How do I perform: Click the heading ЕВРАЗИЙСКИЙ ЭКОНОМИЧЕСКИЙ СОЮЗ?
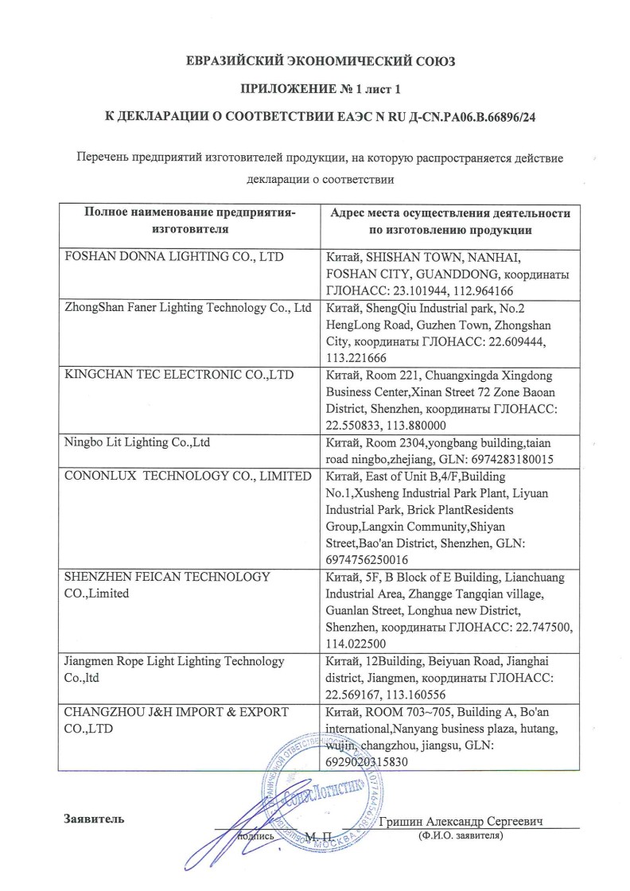pos(315,60)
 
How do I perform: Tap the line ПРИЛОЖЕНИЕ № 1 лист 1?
pos(315,89)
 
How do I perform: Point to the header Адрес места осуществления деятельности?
pos(449,214)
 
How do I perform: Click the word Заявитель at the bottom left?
pos(93,819)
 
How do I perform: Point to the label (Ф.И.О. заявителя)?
pos(461,837)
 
